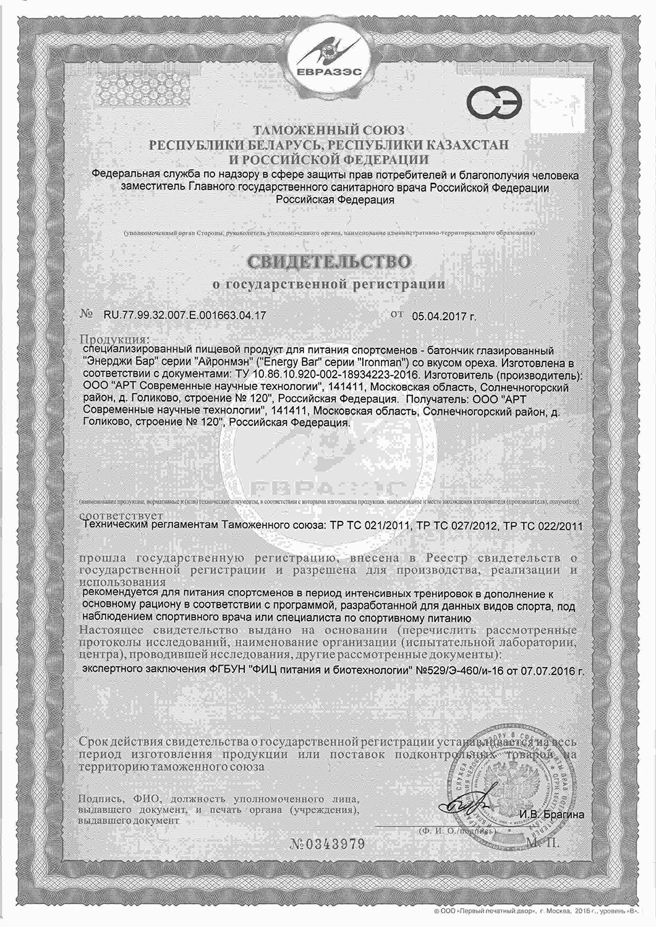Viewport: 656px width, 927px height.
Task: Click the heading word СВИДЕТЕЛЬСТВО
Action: [328, 262]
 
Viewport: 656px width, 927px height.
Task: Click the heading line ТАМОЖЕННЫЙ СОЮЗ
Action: [328, 130]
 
